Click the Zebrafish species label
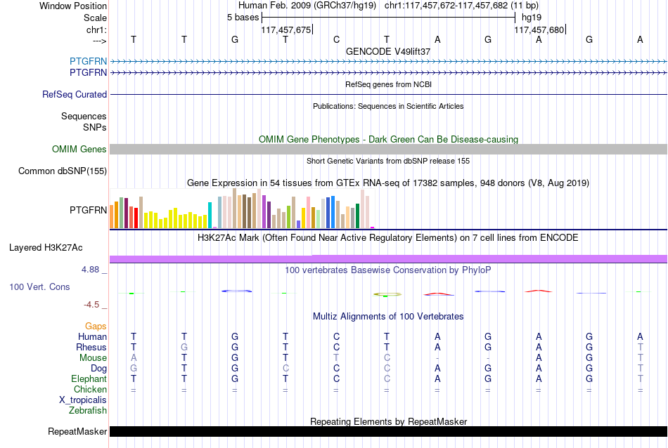[88, 411]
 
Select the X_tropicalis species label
[83, 400]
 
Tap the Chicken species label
[90, 389]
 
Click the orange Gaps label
[96, 327]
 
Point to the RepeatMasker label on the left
[77, 431]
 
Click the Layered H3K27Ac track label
[46, 248]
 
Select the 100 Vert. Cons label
[39, 286]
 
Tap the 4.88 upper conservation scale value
[90, 270]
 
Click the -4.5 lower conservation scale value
[91, 305]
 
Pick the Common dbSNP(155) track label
[63, 171]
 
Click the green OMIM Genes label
[79, 150]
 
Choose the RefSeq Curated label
[75, 95]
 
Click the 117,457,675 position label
[286, 29]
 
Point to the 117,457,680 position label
[539, 29]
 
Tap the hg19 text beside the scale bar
[532, 18]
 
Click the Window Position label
[73, 6]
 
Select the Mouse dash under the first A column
[437, 358]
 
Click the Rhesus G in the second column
[184, 348]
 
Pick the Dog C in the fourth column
[285, 369]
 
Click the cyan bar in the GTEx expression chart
[210, 216]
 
